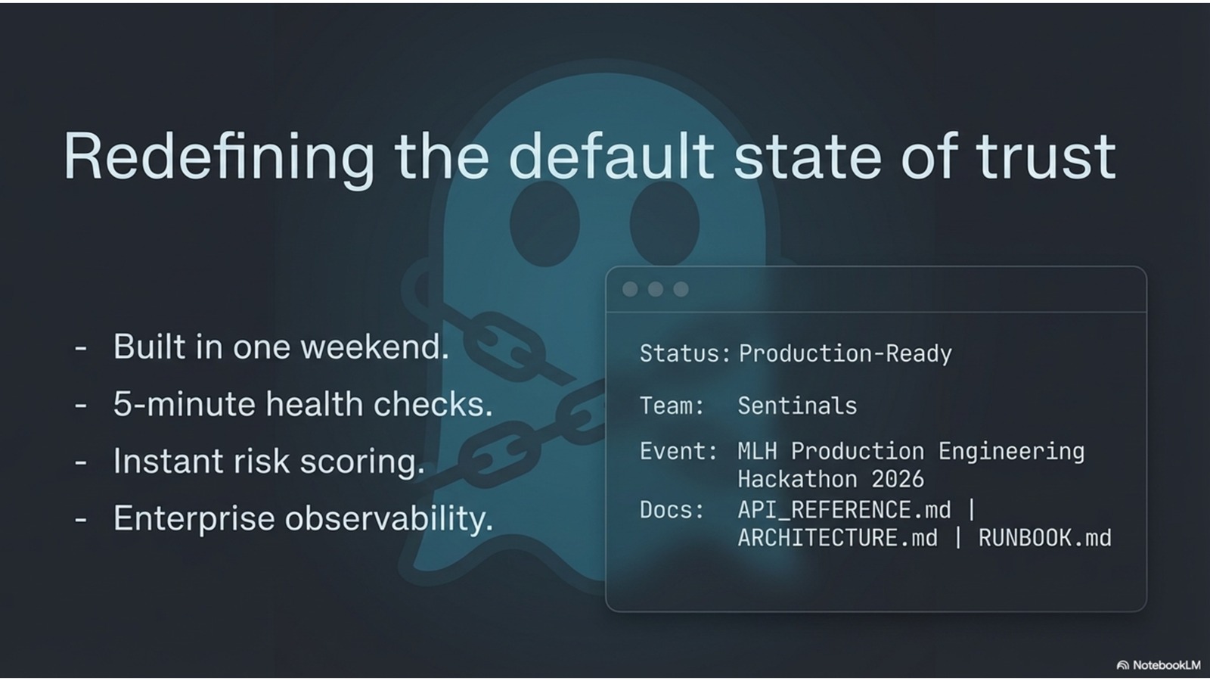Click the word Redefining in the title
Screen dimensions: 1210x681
coord(219,157)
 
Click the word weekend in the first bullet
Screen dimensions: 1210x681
coord(374,347)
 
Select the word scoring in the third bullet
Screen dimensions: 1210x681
coord(362,463)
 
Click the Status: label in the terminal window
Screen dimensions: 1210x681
coord(685,353)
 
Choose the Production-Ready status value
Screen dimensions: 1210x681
coord(845,353)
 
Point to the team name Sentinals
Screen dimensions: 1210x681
coord(797,406)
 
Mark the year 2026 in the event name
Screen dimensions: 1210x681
coord(898,480)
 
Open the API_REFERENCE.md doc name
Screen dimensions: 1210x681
coord(844,510)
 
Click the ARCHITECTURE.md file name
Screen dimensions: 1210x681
coord(838,538)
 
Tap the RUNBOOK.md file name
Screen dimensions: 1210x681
coord(1045,538)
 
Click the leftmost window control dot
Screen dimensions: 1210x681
coord(630,289)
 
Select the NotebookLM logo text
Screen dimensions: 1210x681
coord(1166,665)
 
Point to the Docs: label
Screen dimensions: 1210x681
coord(672,510)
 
